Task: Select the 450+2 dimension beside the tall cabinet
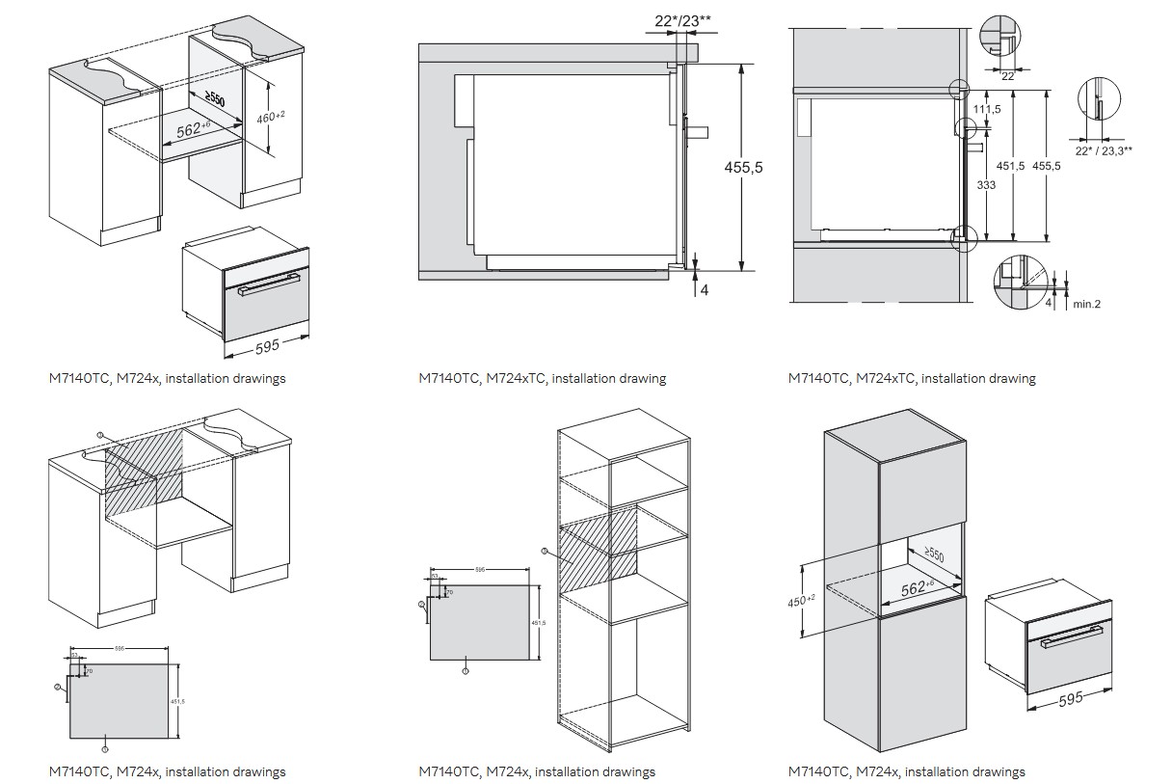[801, 601]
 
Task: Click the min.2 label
[1086, 304]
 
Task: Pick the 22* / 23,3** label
[1104, 150]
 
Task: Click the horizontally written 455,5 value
[743, 167]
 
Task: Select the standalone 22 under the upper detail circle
[1007, 75]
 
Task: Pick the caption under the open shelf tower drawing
[537, 771]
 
